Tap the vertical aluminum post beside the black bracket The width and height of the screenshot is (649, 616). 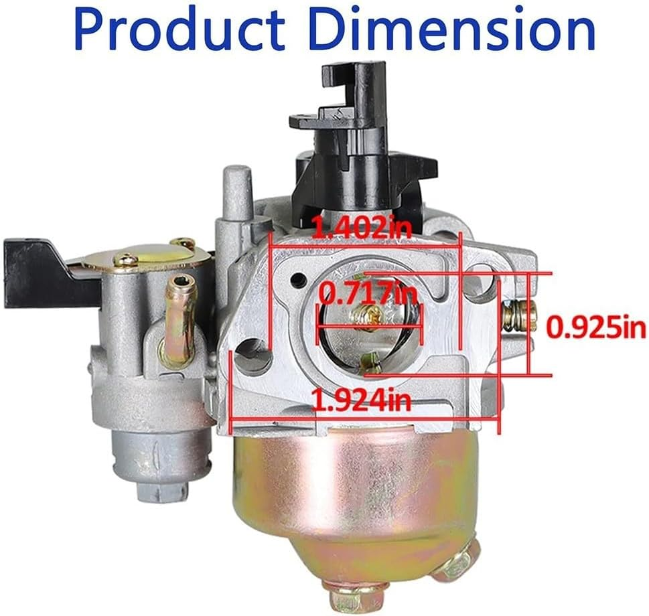tap(232, 194)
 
